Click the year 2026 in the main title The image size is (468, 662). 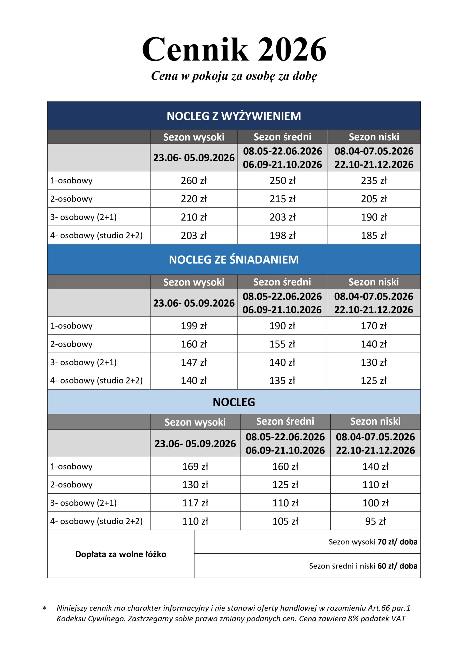[292, 50]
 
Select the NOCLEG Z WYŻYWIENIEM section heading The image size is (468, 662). [234, 116]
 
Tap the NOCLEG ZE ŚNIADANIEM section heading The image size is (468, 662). [234, 259]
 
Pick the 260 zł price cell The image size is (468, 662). [194, 180]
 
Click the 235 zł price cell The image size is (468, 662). [374, 180]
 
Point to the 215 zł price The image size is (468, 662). [283, 199]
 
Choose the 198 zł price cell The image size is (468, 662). [283, 235]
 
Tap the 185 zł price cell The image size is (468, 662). [374, 235]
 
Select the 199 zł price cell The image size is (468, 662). [194, 326]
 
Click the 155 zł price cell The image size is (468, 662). [282, 344]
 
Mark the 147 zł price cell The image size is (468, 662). [194, 363]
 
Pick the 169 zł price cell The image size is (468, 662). [195, 467]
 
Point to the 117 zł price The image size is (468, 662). [195, 503]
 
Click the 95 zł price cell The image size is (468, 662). [375, 521]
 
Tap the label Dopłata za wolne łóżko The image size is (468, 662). [120, 554]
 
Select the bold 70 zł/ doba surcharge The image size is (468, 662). [397, 542]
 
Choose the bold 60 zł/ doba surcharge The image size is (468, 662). [397, 566]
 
